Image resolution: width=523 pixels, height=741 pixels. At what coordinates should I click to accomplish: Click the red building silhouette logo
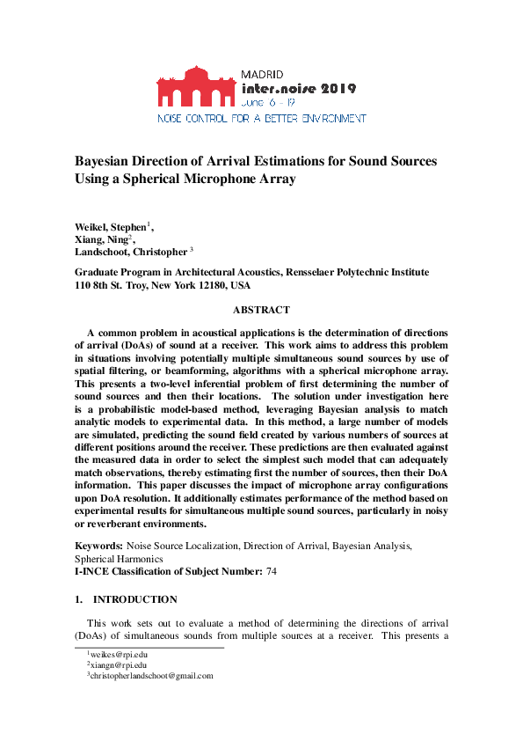coord(196,85)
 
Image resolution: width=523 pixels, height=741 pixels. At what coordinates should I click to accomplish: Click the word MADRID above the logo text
coord(262,74)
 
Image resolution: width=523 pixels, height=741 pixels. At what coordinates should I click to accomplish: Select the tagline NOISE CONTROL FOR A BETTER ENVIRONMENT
coord(261,118)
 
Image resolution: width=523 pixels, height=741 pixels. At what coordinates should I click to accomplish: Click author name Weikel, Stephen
coord(110,227)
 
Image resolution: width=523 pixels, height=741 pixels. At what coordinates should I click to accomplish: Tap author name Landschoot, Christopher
coord(131,252)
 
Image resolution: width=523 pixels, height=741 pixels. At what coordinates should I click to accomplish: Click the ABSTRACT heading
coord(261,310)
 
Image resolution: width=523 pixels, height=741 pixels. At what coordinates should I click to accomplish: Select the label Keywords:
coord(98,547)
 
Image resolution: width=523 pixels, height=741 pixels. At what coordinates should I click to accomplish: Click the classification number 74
coord(272,572)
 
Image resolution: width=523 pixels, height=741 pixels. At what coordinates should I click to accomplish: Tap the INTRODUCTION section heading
coord(134,599)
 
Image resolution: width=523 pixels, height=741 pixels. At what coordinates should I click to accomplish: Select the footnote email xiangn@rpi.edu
coord(116,665)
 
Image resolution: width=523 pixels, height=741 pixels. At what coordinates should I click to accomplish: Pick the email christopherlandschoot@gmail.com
coord(152,676)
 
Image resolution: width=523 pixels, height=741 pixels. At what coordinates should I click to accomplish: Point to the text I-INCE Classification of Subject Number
coord(167,572)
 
